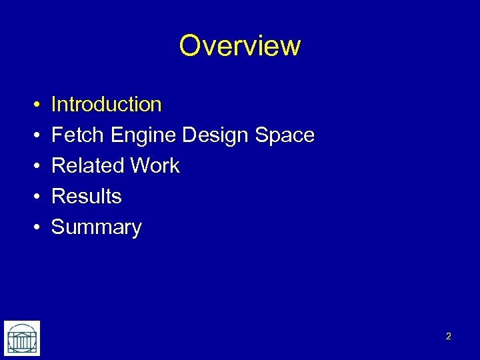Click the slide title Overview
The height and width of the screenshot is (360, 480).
[x=240, y=46]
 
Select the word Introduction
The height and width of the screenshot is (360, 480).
[x=106, y=105]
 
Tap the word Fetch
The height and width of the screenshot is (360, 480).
[x=78, y=135]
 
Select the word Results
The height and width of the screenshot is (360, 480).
[x=87, y=197]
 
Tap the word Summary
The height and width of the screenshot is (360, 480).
[x=97, y=228]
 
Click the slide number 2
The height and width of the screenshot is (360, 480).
[x=448, y=337]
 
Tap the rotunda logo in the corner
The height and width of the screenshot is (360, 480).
[x=22, y=338]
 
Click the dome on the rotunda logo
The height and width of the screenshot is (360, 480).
[x=22, y=330]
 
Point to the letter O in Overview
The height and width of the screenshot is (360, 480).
[x=190, y=46]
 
